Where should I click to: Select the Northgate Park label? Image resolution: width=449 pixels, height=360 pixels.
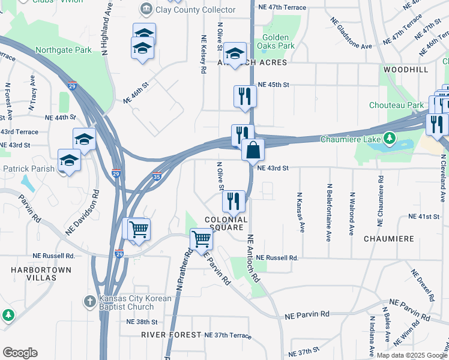click(64, 50)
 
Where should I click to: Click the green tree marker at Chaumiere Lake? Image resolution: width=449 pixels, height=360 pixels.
click(390, 139)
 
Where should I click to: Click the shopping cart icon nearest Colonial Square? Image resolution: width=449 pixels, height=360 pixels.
click(202, 239)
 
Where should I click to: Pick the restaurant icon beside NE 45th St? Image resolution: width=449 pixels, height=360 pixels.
click(244, 97)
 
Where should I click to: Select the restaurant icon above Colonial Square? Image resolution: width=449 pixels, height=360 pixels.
click(234, 201)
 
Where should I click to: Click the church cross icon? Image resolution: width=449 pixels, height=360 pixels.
click(88, 302)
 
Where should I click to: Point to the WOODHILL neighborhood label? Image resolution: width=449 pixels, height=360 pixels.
click(406, 70)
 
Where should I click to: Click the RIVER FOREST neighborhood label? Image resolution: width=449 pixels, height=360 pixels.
click(171, 334)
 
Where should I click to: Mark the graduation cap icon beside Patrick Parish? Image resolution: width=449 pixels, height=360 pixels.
click(69, 161)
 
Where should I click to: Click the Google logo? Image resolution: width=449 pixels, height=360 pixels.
click(20, 353)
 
